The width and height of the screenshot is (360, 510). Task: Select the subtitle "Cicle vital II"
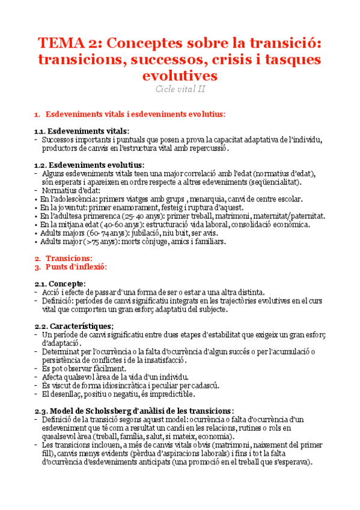[180, 89]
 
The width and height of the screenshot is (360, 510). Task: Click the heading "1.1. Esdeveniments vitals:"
[81, 131]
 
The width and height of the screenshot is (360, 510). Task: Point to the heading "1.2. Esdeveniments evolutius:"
[89, 165]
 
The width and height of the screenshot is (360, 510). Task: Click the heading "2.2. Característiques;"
[75, 325]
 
